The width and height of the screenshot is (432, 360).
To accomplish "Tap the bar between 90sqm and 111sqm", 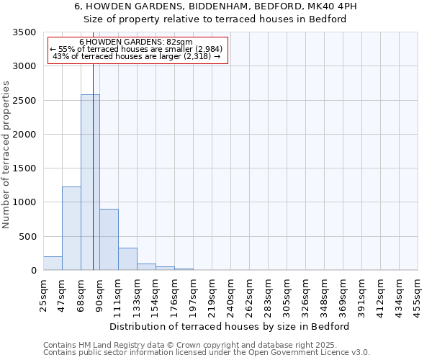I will pyautogui.click(x=109, y=240).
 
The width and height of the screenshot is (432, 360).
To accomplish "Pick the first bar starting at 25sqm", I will pyautogui.click(x=53, y=264).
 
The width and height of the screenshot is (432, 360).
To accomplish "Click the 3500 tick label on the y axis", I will pyautogui.click(x=24, y=32).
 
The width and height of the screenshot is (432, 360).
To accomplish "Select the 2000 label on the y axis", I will pyautogui.click(x=24, y=135).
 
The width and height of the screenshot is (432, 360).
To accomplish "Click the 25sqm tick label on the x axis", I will pyautogui.click(x=44, y=292).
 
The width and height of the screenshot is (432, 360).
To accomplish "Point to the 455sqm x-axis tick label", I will pyautogui.click(x=418, y=292).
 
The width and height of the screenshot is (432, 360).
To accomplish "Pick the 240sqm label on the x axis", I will pyautogui.click(x=231, y=293).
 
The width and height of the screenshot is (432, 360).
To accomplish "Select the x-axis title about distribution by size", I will pyautogui.click(x=230, y=326).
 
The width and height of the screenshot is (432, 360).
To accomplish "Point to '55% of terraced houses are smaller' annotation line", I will pyautogui.click(x=137, y=49).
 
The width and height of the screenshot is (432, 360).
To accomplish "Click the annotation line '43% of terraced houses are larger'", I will pyautogui.click(x=137, y=56).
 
